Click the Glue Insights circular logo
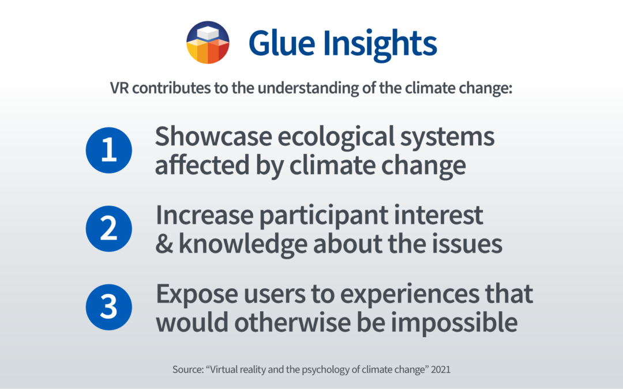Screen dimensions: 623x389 (x=208, y=43)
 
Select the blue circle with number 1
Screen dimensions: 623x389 (x=109, y=150)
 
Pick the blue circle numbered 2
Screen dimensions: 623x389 (x=109, y=229)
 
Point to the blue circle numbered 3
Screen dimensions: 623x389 (x=109, y=307)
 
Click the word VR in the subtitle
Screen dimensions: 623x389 (x=119, y=88)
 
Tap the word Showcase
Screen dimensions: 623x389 (x=213, y=136)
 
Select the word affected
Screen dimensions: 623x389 (x=202, y=165)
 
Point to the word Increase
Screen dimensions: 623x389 (x=204, y=215)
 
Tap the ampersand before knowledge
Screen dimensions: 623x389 (x=164, y=244)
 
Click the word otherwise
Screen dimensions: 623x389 (x=292, y=322)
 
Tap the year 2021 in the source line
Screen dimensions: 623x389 (x=441, y=369)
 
